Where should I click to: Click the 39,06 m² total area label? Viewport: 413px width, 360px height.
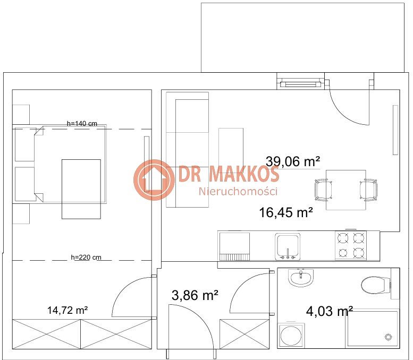(x=293, y=161)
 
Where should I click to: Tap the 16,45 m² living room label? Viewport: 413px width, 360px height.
(x=286, y=212)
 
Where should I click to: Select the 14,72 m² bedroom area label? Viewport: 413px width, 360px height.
(x=68, y=310)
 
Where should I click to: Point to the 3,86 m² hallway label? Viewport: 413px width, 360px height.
(x=195, y=295)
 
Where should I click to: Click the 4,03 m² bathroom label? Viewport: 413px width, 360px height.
(x=329, y=311)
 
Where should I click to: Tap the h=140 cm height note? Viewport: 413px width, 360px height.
(x=82, y=123)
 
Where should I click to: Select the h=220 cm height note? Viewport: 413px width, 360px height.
(x=86, y=257)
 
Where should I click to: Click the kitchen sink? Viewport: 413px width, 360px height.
(x=288, y=247)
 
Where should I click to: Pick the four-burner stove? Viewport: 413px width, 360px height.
(x=351, y=245)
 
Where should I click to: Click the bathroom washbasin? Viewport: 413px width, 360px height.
(x=300, y=278)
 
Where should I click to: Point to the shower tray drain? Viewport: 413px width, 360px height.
(x=388, y=337)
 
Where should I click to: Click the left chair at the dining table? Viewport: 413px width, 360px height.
(x=324, y=190)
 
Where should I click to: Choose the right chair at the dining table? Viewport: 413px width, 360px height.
(x=368, y=190)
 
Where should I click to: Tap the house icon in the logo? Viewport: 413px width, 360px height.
(x=154, y=180)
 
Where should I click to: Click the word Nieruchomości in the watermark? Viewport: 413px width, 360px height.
(x=238, y=191)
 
